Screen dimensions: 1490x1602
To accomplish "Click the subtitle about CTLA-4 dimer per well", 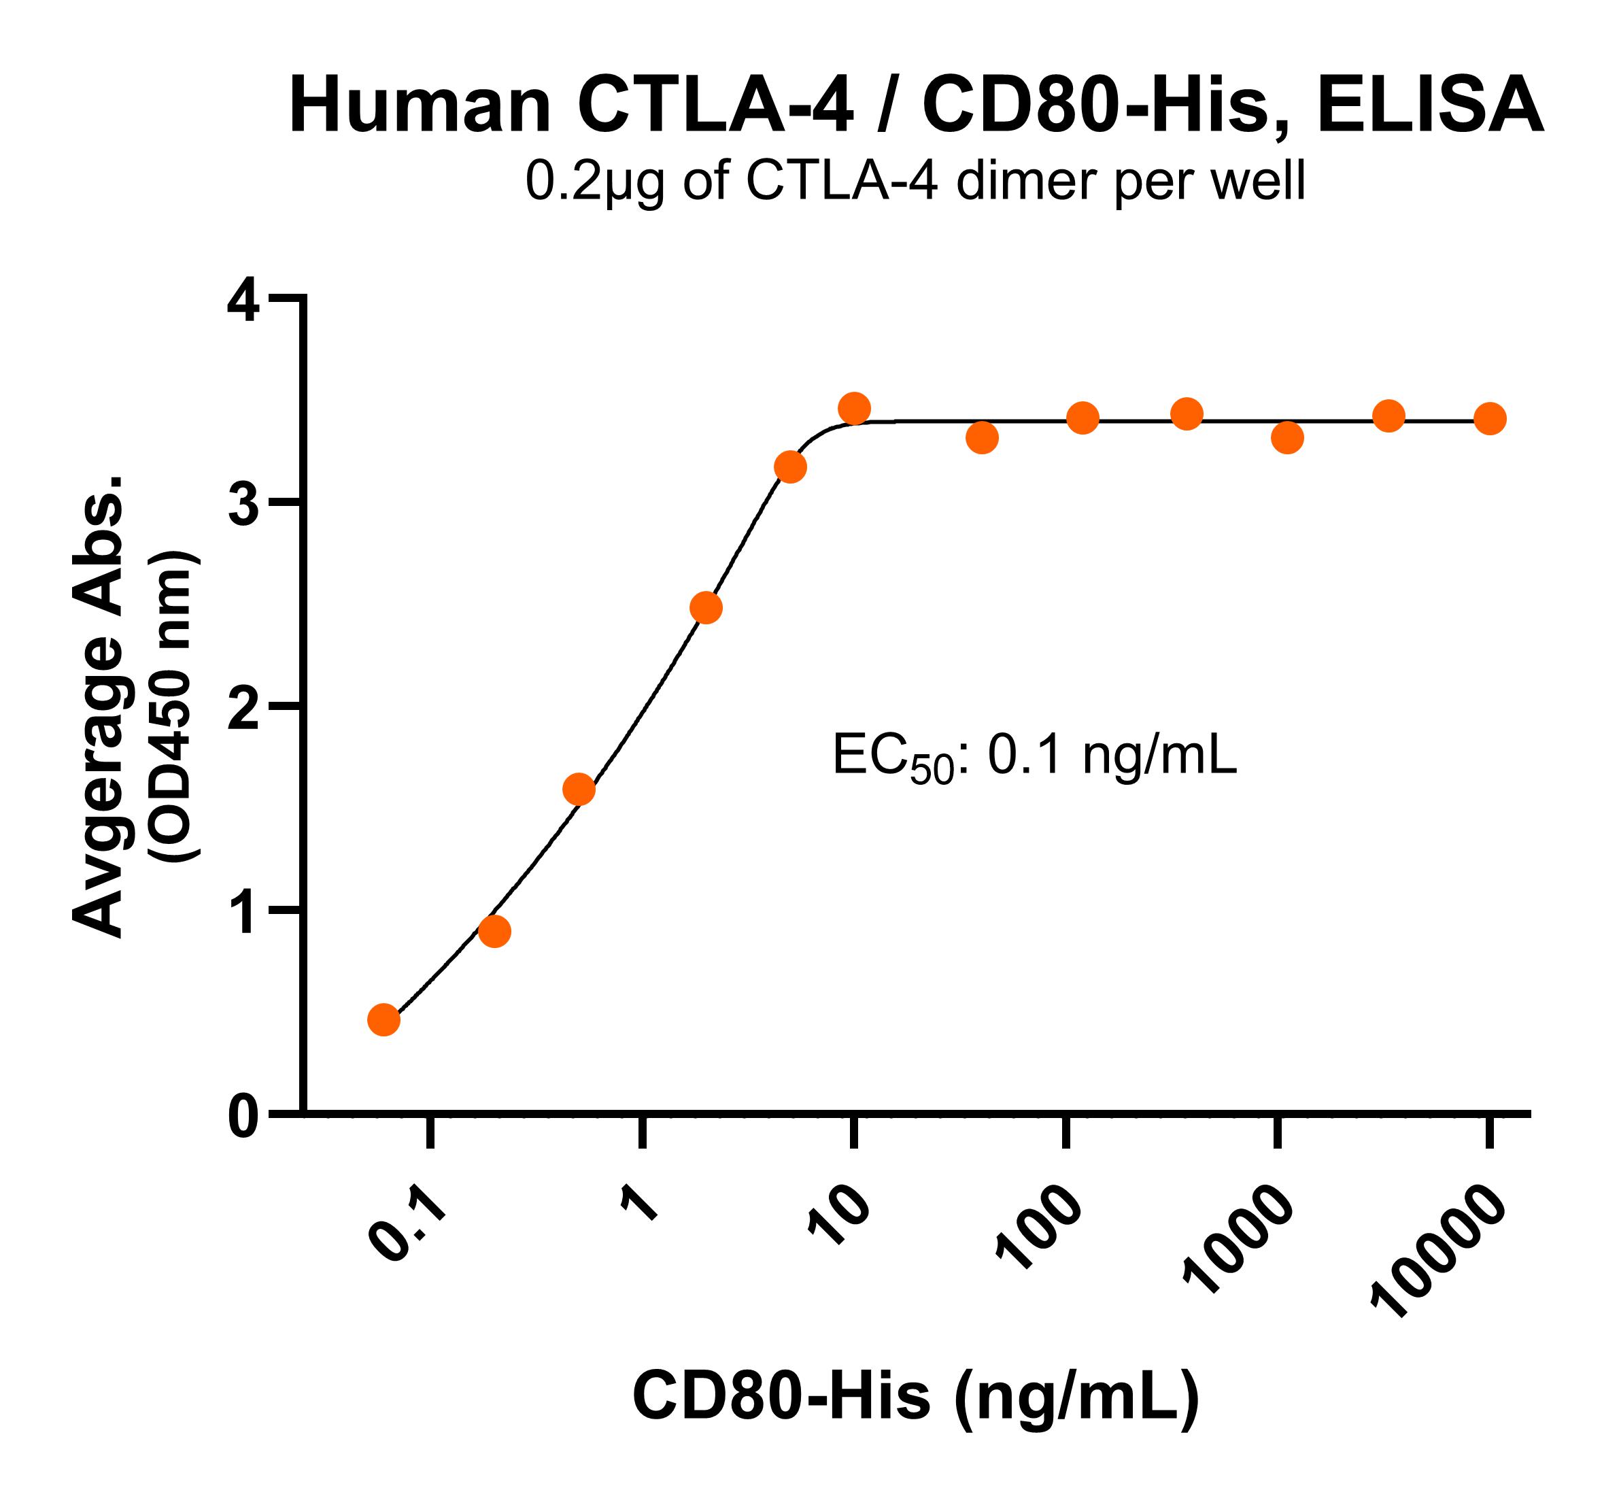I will pos(915,182).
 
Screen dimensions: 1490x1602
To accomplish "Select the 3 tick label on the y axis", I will pos(243,506).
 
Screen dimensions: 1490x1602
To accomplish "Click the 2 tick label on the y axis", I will pos(243,710).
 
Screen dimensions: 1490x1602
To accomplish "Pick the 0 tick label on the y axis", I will pos(243,1119).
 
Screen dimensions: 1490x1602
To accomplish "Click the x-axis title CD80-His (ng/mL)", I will pos(915,1395).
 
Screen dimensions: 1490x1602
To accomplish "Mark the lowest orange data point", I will pos(384,1019).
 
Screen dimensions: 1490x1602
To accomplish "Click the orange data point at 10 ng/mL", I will pos(854,409).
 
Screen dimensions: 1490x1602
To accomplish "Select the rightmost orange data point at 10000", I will pos(1490,418).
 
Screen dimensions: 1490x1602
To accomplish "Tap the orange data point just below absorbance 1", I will pos(494,932).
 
